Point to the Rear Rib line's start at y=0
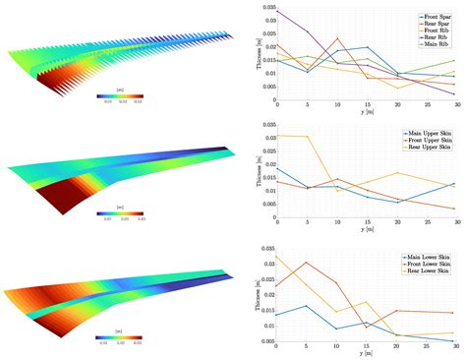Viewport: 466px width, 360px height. point(277,12)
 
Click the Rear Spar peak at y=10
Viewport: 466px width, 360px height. point(337,39)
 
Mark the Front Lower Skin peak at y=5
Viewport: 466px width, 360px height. point(307,263)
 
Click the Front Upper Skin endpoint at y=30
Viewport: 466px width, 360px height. point(455,208)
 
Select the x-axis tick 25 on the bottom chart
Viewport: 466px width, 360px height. point(426,348)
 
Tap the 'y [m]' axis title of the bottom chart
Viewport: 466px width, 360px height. point(366,358)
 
